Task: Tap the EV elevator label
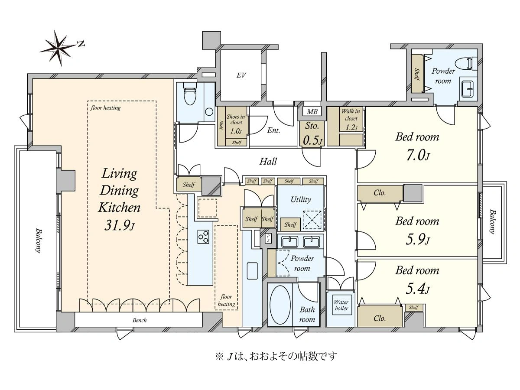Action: pyautogui.click(x=241, y=75)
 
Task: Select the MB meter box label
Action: pyautogui.click(x=312, y=111)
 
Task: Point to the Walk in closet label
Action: pyautogui.click(x=351, y=114)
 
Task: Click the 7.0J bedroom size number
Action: pyautogui.click(x=418, y=156)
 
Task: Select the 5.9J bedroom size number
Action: pyautogui.click(x=417, y=240)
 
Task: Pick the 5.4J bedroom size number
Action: pyautogui.click(x=417, y=289)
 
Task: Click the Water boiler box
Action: pyautogui.click(x=341, y=305)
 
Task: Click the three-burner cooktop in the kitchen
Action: pyautogui.click(x=203, y=237)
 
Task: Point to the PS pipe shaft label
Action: pyautogui.click(x=268, y=238)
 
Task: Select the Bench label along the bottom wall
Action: pyautogui.click(x=140, y=320)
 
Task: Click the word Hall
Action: pyautogui.click(x=268, y=162)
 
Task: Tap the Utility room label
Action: pyautogui.click(x=301, y=200)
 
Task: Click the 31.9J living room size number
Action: pyautogui.click(x=119, y=226)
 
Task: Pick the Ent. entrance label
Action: pyautogui.click(x=273, y=130)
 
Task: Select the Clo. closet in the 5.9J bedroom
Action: pyautogui.click(x=380, y=193)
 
